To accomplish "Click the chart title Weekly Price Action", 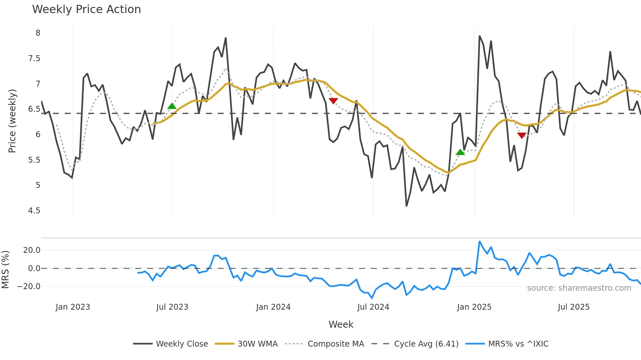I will point(86,9).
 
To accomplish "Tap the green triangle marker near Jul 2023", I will point(172,106).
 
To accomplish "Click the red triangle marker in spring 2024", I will point(333,101).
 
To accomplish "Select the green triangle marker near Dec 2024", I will point(460,152).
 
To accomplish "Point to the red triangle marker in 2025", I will point(522,135).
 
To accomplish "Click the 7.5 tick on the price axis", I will point(34,58).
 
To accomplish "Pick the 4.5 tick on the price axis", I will point(34,211).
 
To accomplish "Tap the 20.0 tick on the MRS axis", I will point(32,250).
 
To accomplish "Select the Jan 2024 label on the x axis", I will point(273,307).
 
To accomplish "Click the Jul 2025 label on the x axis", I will point(574,307).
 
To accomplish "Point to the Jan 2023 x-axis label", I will point(73,307).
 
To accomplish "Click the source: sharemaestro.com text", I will point(579,288).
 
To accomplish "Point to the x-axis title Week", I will point(341,324).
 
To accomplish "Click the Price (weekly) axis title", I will point(12,121).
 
